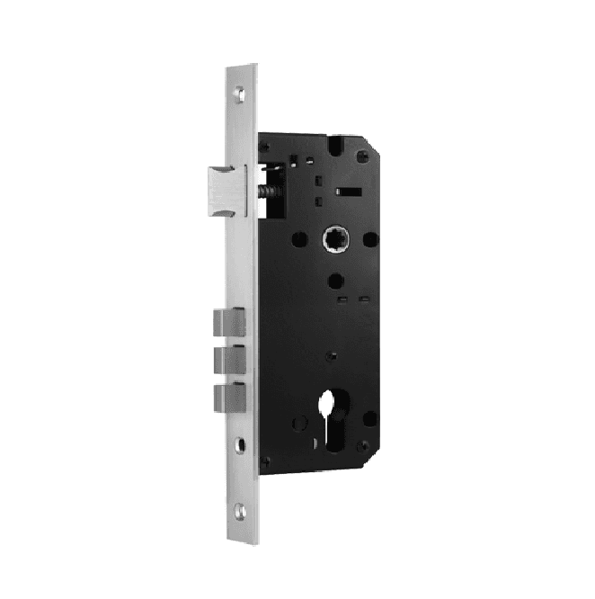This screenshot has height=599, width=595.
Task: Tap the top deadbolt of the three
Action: coord(229,321)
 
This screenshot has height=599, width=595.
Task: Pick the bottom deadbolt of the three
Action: coord(229,397)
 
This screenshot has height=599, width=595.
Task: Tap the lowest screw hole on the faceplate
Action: coord(240,512)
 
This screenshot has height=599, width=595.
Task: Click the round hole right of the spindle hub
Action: coord(369,240)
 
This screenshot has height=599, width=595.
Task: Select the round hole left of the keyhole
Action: coord(297,421)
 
